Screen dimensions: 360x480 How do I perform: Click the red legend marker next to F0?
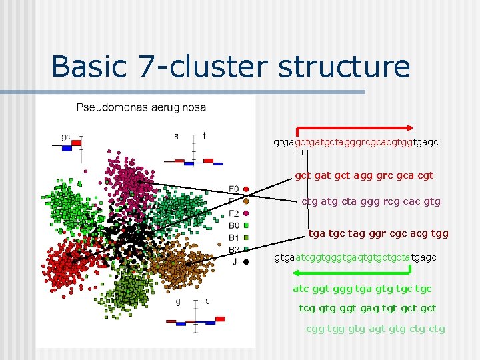[246, 189]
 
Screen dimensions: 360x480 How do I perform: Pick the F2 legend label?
[233, 213]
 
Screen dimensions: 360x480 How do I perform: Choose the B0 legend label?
[233, 225]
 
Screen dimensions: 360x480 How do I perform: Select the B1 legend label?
[233, 237]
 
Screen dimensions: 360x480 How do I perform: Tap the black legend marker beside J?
[246, 262]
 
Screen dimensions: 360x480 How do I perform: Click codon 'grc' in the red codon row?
[385, 175]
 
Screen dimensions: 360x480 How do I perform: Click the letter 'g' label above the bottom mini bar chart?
[177, 301]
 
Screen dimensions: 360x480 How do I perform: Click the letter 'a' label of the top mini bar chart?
[176, 136]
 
